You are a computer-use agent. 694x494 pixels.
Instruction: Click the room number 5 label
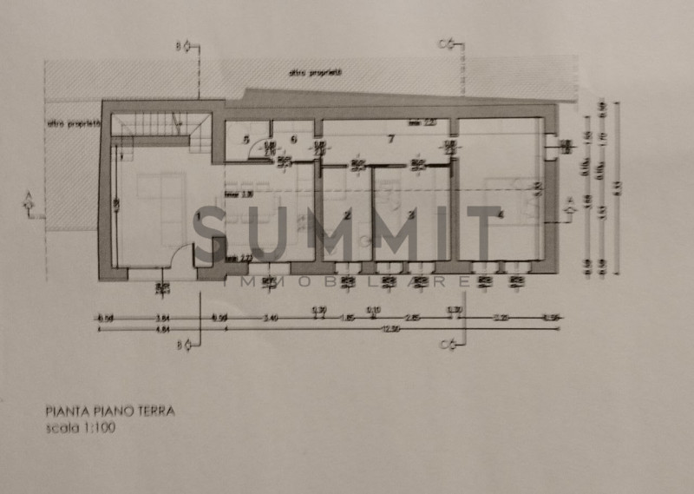pyautogui.click(x=246, y=140)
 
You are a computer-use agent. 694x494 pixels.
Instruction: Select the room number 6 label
pyautogui.click(x=294, y=139)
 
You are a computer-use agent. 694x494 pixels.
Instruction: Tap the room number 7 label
pyautogui.click(x=391, y=138)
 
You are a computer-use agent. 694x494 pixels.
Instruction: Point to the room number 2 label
pyautogui.click(x=347, y=214)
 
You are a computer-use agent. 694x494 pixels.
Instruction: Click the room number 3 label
pyautogui.click(x=411, y=214)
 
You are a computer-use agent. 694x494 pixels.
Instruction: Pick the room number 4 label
pyautogui.click(x=501, y=214)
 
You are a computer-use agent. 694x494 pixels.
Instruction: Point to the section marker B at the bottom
pyautogui.click(x=183, y=346)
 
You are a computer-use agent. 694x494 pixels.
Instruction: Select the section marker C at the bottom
pyautogui.click(x=446, y=346)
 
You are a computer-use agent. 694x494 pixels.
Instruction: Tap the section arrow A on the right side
pyautogui.click(x=570, y=206)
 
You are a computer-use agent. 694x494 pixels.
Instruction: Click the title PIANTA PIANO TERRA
pyautogui.click(x=109, y=412)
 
